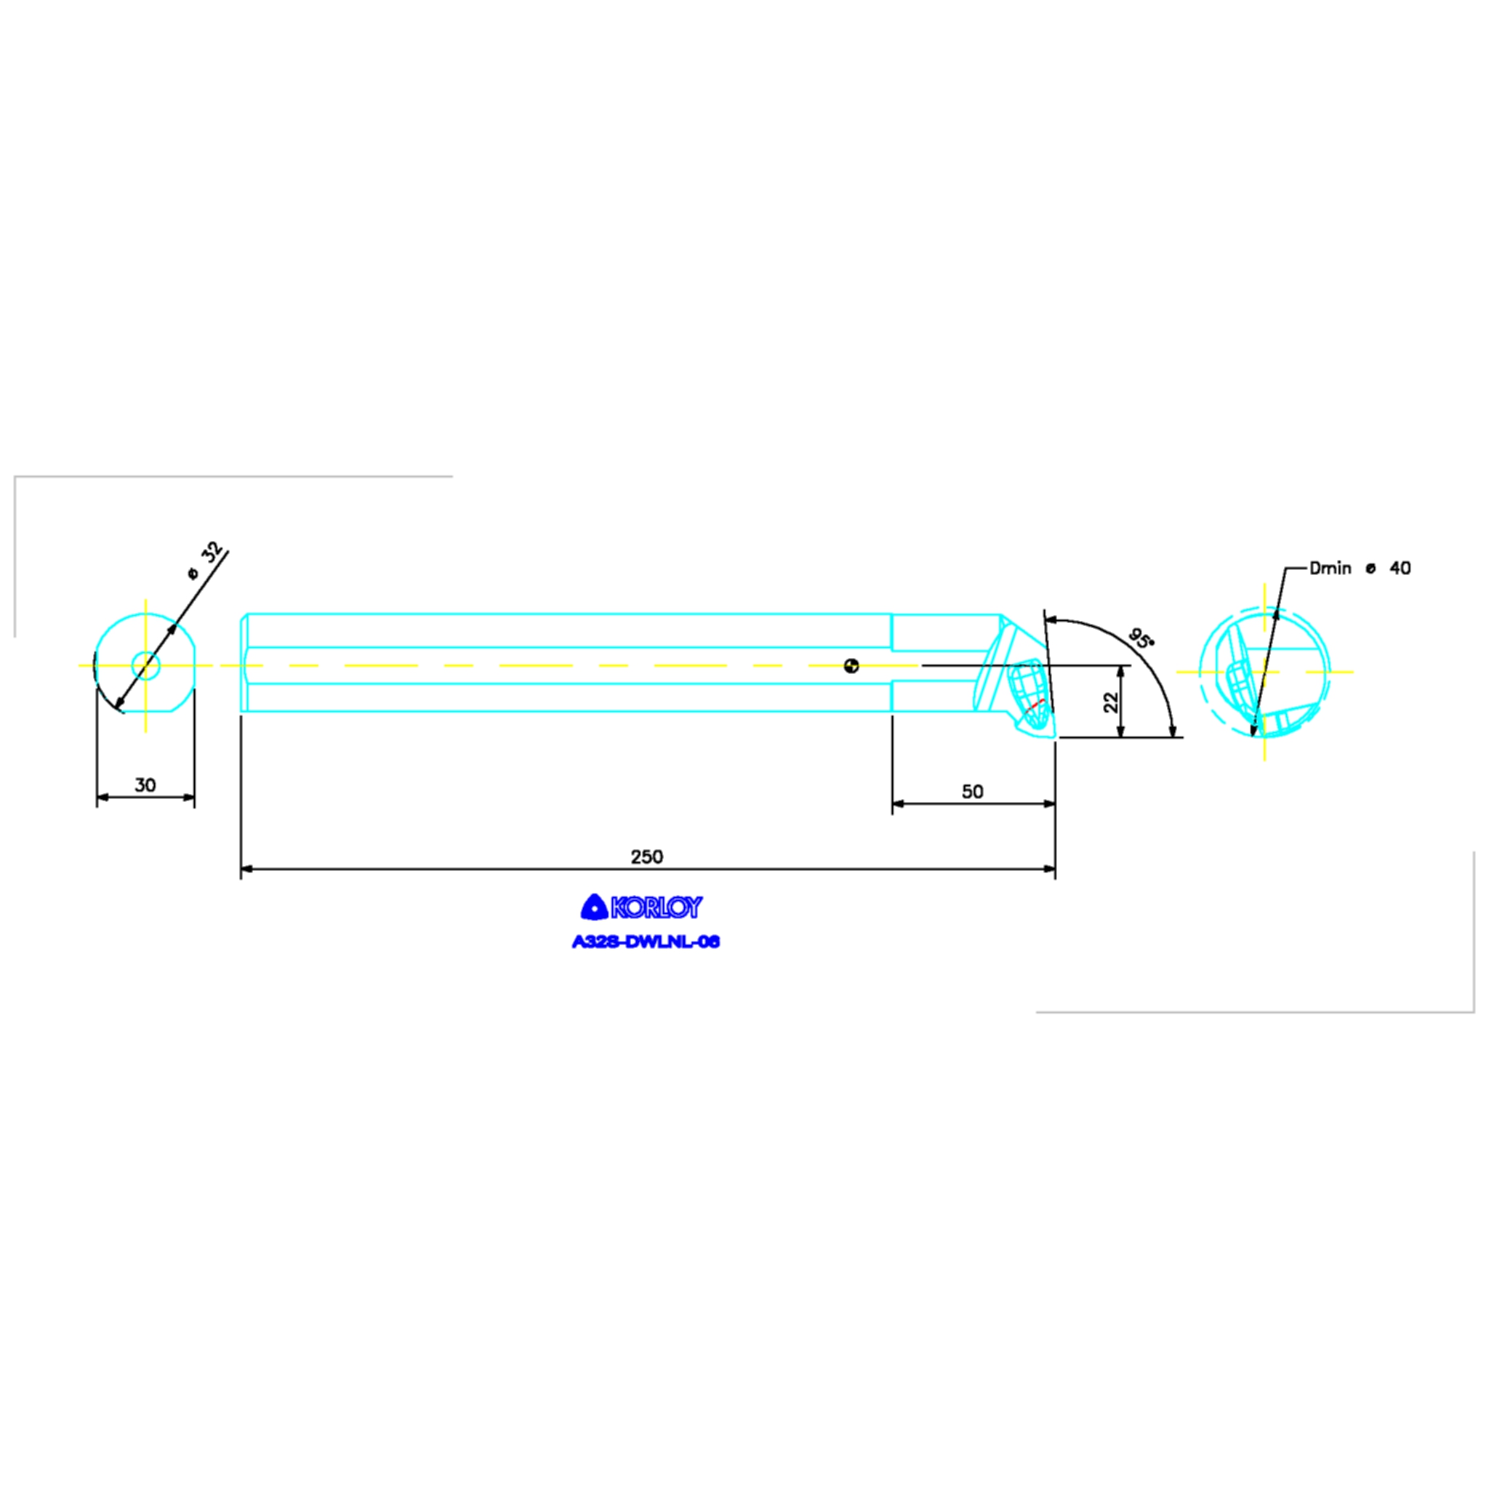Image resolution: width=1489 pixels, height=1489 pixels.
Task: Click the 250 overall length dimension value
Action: coord(646,856)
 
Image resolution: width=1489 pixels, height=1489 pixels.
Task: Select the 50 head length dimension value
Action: coord(973,792)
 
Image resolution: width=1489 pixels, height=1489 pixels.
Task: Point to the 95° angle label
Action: coord(1141,638)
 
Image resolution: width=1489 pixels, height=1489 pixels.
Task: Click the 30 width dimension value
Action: coord(145,784)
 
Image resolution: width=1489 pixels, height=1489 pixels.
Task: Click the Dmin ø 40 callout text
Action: coord(1360,568)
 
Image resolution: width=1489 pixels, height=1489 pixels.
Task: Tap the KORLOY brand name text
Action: coord(657,908)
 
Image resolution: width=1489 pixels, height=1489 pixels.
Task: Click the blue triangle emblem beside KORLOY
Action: coord(595,907)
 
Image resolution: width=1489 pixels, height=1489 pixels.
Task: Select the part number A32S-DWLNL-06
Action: coord(646,942)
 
